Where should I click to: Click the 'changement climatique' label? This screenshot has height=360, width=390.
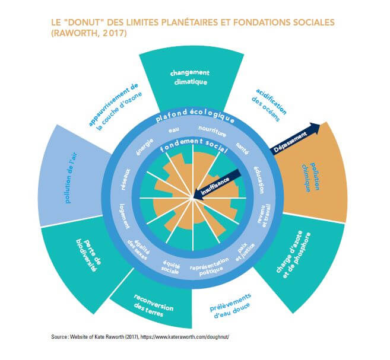click(188, 78)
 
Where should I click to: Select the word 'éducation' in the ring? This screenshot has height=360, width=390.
click(259, 176)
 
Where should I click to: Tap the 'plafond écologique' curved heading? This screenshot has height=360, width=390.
click(192, 116)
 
